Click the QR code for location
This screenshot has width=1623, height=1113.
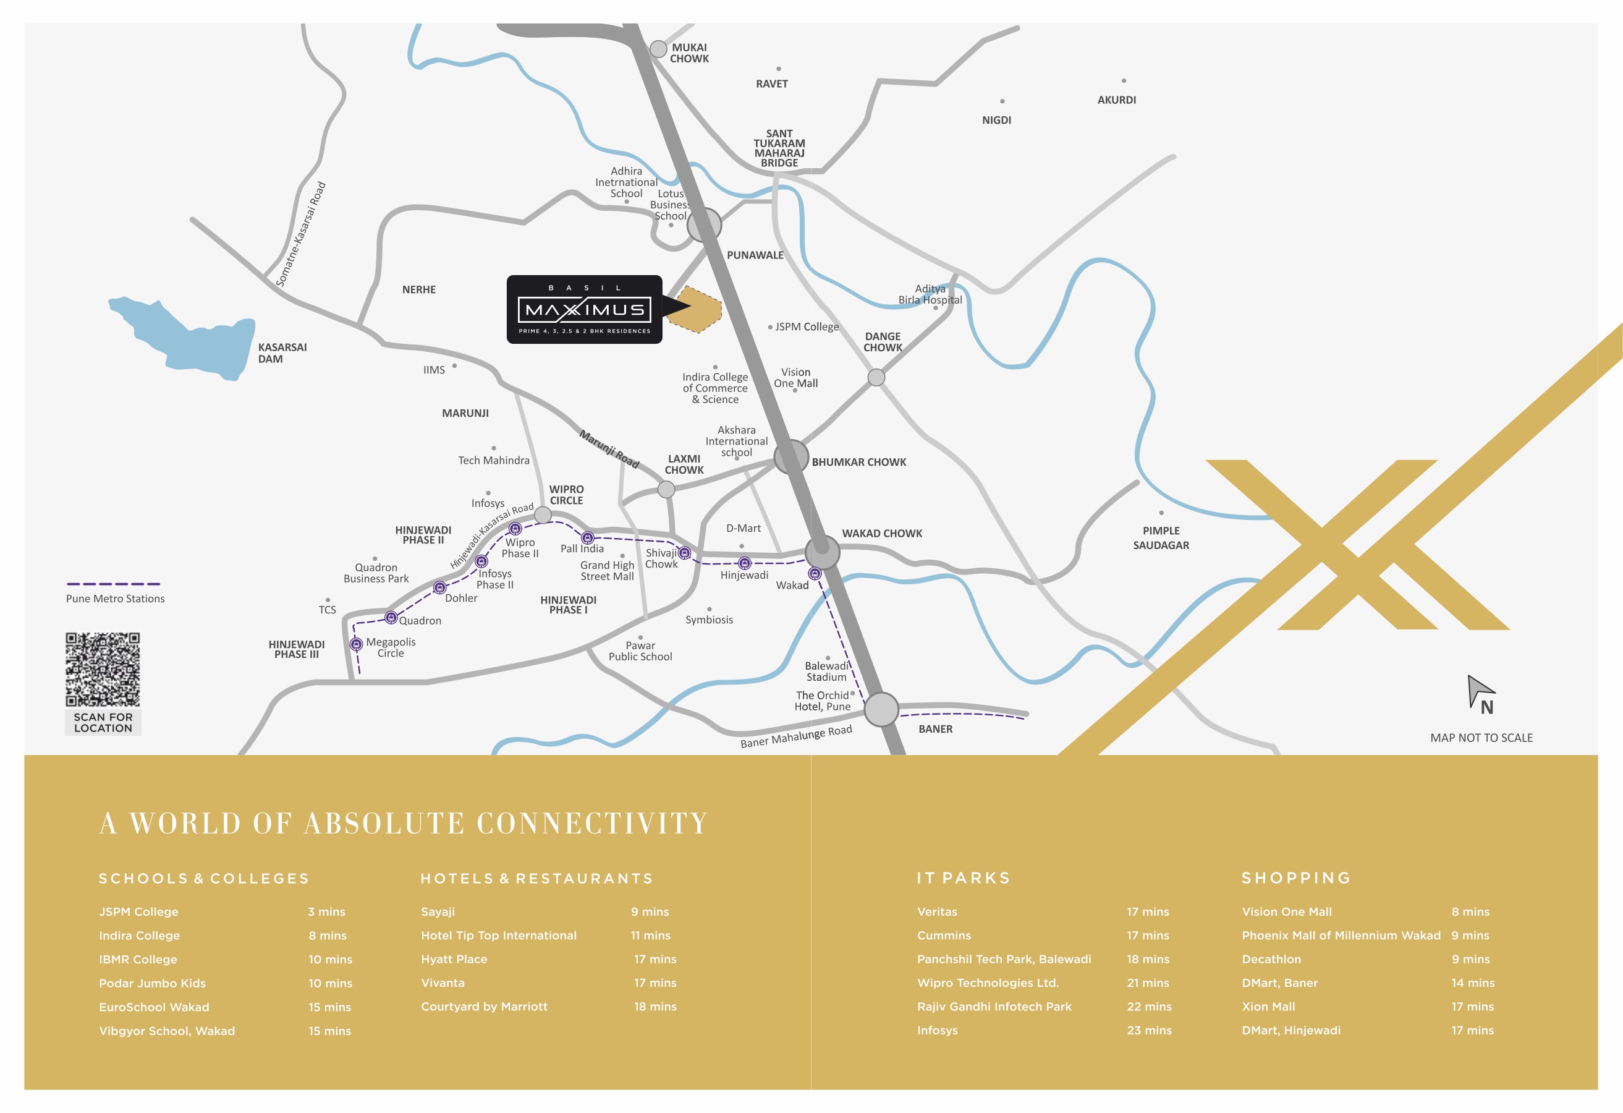point(103,669)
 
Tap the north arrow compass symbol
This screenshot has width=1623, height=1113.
point(1480,693)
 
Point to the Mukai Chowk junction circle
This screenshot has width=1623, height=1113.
point(658,49)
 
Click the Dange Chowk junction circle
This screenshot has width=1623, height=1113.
point(876,377)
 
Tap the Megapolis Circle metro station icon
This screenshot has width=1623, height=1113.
point(356,644)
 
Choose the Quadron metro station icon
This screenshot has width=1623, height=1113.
point(391,618)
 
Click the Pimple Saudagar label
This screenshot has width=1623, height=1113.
point(1161,538)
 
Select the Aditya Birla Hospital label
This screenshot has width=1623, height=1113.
point(930,294)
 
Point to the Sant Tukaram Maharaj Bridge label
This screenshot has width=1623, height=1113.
point(779,148)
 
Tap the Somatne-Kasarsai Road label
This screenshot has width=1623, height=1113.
point(301,234)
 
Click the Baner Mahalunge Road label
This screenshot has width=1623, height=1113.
point(796,736)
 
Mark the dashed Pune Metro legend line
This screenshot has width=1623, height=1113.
point(113,584)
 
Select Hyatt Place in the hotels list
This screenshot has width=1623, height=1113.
point(454,959)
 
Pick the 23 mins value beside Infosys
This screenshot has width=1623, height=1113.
point(1149,1031)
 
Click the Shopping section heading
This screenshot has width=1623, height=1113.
point(1296,878)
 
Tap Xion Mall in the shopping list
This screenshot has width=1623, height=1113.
point(1268,1007)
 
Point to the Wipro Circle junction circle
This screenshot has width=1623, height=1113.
point(543,516)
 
